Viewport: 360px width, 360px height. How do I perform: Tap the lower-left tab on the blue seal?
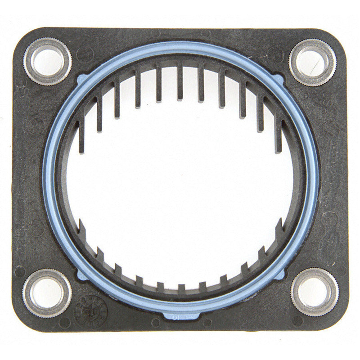click(80, 273)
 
